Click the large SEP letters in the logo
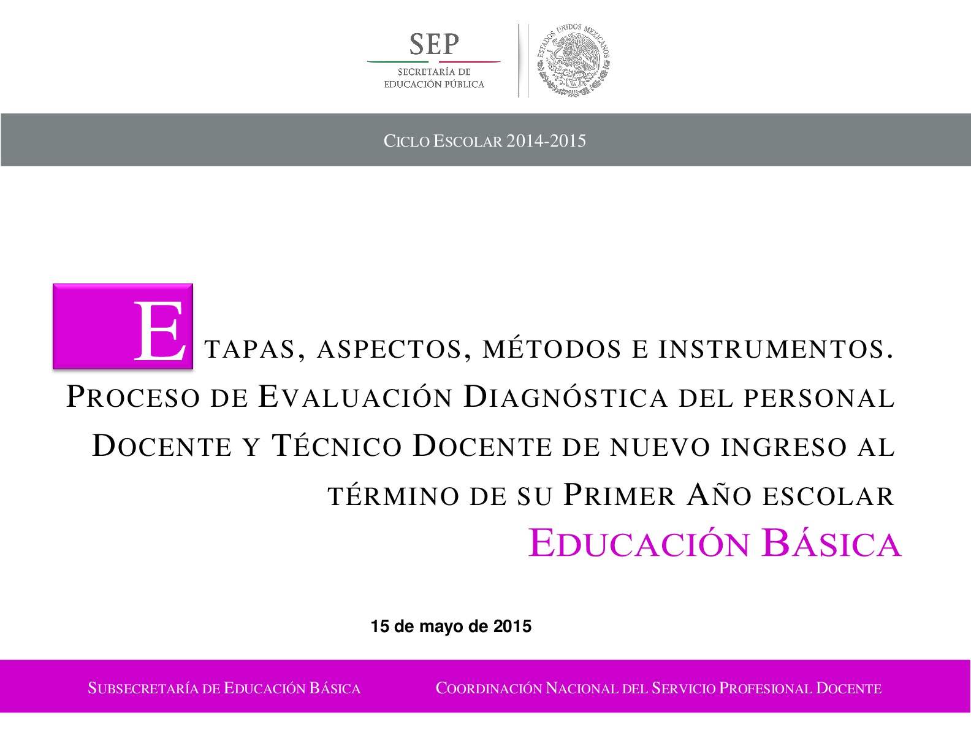point(434,44)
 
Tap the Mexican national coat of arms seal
point(573,60)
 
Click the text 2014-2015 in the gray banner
point(546,141)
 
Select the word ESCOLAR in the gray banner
point(467,141)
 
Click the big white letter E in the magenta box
point(159,331)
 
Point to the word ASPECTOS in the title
point(389,349)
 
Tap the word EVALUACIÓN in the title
point(356,396)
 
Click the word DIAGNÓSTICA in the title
point(566,396)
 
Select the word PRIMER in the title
point(619,495)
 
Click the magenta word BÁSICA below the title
point(832,543)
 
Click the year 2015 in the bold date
point(512,626)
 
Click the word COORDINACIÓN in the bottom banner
point(489,688)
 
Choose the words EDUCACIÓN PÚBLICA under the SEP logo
point(434,84)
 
